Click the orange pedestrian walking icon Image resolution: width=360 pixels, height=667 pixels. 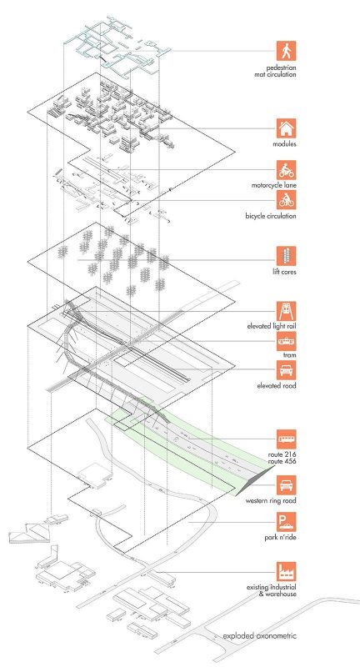pyautogui.click(x=286, y=51)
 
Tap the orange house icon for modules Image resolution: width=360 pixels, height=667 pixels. pyautogui.click(x=286, y=128)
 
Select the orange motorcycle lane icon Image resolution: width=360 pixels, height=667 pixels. pyautogui.click(x=286, y=170)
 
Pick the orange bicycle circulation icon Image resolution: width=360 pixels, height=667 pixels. pyautogui.click(x=286, y=199)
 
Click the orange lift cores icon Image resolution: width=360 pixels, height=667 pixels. pyautogui.click(x=286, y=256)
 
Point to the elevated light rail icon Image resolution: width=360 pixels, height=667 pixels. pyautogui.click(x=286, y=311)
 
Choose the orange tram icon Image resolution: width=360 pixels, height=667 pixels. pyautogui.click(x=286, y=341)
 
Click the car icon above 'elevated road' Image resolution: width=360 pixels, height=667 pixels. pyautogui.click(x=286, y=370)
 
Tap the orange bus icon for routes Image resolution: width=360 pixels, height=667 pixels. pyautogui.click(x=286, y=439)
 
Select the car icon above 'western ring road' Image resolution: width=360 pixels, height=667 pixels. pyautogui.click(x=286, y=485)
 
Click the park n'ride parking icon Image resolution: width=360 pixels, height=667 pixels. pyautogui.click(x=286, y=522)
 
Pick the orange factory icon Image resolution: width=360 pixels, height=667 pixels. pyautogui.click(x=286, y=572)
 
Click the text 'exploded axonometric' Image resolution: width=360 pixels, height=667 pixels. pyautogui.click(x=260, y=636)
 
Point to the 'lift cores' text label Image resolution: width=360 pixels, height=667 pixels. pyautogui.click(x=284, y=272)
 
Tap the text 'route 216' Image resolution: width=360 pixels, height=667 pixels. pyautogui.click(x=282, y=454)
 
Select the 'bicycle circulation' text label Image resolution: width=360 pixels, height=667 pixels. pyautogui.click(x=271, y=216)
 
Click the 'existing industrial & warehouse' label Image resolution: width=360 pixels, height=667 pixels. pyautogui.click(x=272, y=591)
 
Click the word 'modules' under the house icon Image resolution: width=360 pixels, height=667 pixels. pyautogui.click(x=285, y=144)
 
